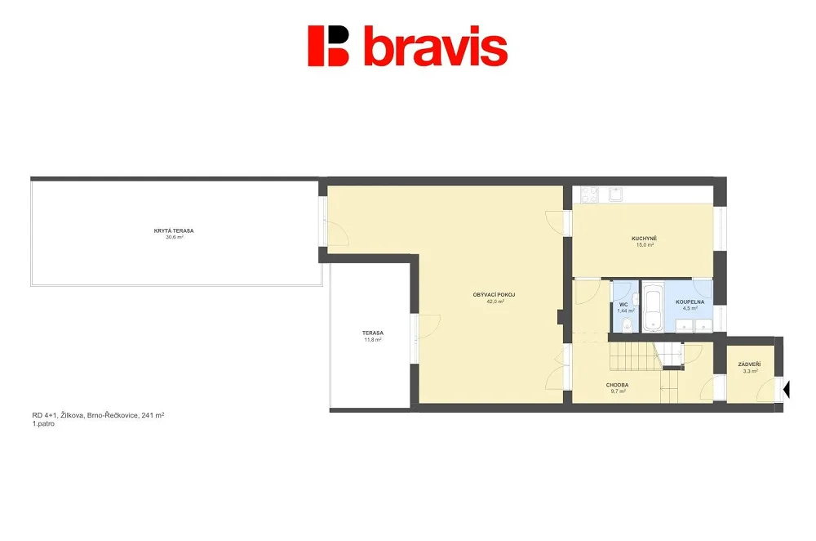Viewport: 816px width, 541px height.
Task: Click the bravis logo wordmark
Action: (436, 47)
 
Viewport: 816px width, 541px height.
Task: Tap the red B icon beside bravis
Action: (328, 46)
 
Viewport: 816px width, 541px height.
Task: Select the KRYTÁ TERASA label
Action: (174, 231)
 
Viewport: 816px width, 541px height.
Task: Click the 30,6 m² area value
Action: (175, 237)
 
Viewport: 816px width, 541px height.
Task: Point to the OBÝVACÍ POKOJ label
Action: (494, 295)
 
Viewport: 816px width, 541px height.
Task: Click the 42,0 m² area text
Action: (495, 302)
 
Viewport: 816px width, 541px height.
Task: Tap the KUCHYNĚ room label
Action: (645, 239)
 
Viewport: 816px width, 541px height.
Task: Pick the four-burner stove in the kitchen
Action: (590, 195)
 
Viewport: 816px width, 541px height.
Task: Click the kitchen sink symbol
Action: (616, 194)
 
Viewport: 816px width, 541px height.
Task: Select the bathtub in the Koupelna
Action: (652, 308)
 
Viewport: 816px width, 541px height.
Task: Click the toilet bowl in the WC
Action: (628, 324)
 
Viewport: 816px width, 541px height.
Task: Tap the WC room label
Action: (623, 305)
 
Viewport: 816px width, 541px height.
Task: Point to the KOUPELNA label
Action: (690, 302)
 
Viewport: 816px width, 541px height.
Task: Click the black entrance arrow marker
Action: (787, 389)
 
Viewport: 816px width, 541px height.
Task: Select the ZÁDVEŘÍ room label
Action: (749, 364)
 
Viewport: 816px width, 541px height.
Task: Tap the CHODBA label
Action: (617, 385)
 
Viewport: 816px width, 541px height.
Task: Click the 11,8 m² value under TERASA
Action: (373, 340)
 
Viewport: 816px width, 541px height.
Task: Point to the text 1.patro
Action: (43, 424)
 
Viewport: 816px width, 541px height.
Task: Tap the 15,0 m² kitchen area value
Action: (645, 245)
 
